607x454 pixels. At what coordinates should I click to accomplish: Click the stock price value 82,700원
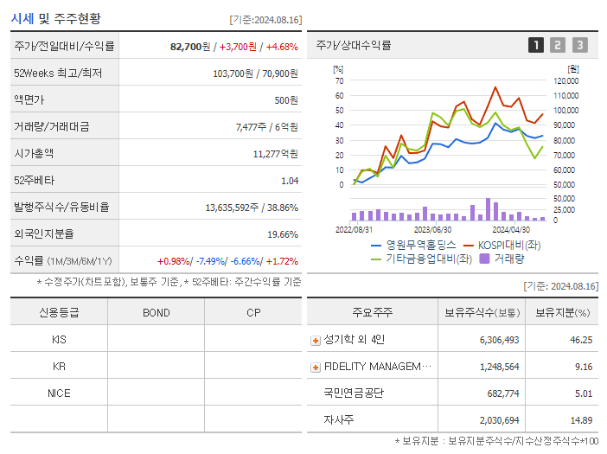click(190, 46)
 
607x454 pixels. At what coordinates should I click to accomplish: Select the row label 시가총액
click(34, 153)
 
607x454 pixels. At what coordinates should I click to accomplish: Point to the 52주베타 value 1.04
click(289, 180)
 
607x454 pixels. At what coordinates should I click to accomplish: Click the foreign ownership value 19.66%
click(282, 233)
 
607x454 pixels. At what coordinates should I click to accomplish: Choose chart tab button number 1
click(536, 45)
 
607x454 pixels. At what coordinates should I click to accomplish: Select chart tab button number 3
click(579, 45)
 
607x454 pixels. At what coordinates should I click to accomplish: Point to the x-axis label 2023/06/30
click(432, 230)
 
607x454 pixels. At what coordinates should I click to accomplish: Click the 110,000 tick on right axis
click(565, 95)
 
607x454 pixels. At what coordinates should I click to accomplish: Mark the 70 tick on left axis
click(339, 80)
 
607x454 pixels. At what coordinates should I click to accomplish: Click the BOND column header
click(156, 313)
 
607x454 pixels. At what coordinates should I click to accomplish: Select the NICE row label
click(59, 393)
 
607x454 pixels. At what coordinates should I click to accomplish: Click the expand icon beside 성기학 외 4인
click(315, 341)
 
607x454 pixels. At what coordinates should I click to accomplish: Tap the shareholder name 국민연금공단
click(353, 393)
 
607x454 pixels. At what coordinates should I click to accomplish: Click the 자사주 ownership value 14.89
click(581, 419)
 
